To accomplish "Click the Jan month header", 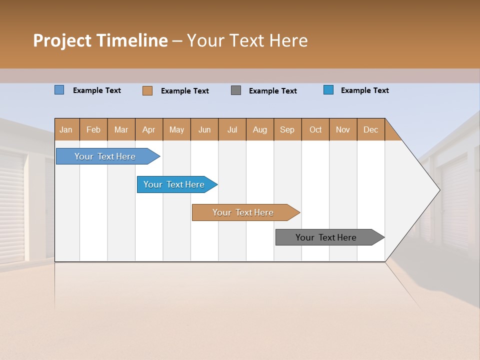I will point(66,129).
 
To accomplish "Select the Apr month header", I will point(149,129).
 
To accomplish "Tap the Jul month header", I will point(232,129).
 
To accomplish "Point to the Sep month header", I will point(287,129).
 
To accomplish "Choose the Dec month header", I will point(370,129).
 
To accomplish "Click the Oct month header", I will point(315,129).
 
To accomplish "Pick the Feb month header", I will point(93,129).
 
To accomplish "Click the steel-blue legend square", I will point(59,90).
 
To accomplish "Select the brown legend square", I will point(147,90).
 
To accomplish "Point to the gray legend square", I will point(236,90).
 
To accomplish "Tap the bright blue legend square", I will point(328,90).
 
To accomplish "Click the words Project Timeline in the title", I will point(100,40).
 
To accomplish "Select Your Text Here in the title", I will point(247,40).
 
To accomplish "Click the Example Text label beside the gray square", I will point(272,91).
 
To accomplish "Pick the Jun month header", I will point(204,129).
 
